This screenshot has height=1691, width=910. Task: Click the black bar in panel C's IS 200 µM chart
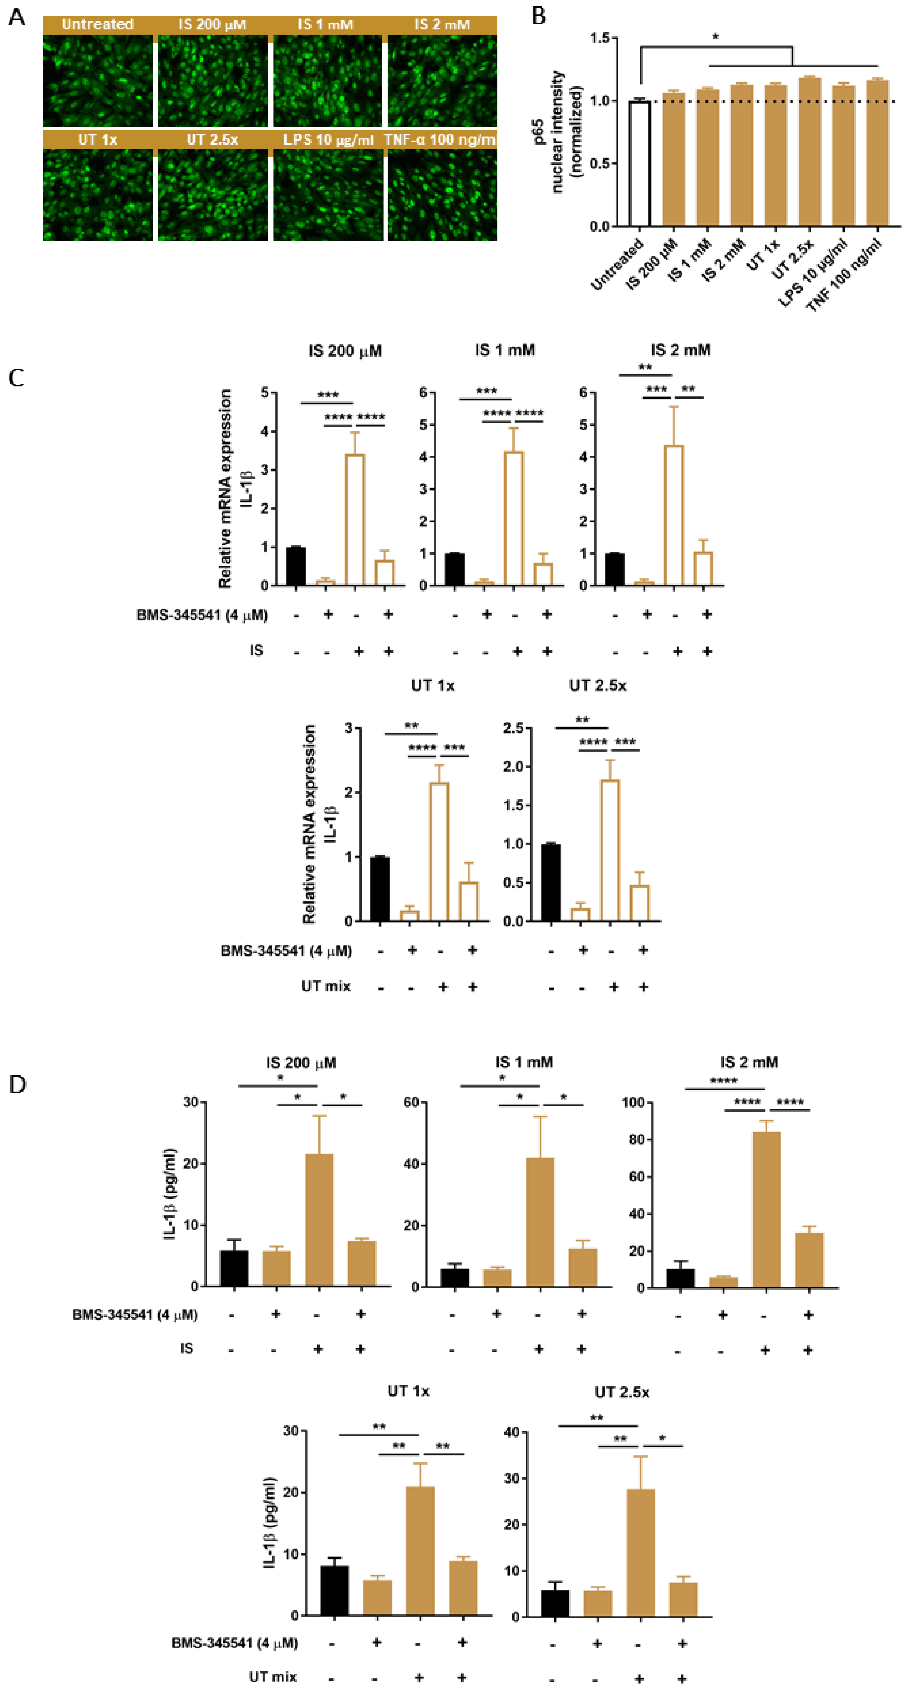[296, 566]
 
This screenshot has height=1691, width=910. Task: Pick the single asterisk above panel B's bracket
[715, 37]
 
